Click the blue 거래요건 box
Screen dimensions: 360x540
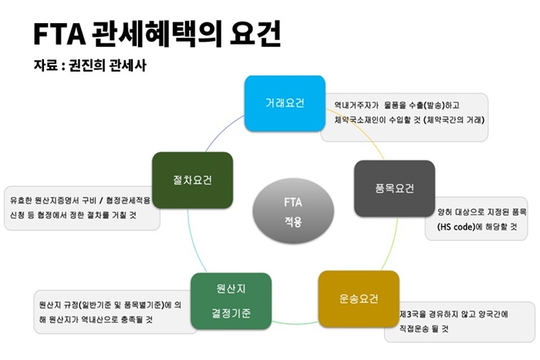tap(284, 103)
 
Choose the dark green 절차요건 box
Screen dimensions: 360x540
tap(192, 180)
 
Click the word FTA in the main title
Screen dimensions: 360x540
tap(58, 34)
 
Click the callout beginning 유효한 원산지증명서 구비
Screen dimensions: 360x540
tap(80, 207)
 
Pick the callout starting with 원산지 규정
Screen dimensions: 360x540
tap(108, 311)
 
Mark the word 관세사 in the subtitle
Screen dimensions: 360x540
tap(127, 66)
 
